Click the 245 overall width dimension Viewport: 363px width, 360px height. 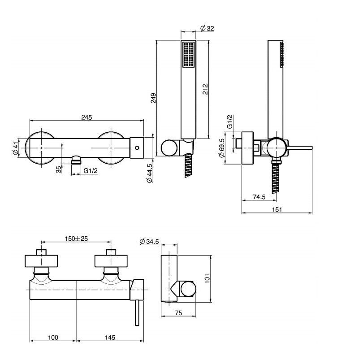[x=86, y=117]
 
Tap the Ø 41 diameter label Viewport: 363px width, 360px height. [x=15, y=148]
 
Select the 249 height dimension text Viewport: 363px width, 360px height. [x=153, y=98]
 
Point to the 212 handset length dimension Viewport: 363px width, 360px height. [x=205, y=89]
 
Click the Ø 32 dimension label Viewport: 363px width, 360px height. [x=207, y=29]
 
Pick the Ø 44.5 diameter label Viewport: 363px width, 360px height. [x=149, y=173]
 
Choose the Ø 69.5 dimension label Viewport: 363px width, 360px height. [x=221, y=148]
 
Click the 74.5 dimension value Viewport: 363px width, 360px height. [x=259, y=197]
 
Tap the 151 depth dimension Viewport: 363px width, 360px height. [x=277, y=209]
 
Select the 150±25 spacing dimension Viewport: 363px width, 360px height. [x=76, y=239]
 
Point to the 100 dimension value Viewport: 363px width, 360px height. [x=53, y=337]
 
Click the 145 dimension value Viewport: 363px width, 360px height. [x=110, y=337]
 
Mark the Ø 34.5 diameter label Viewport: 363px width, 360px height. [x=149, y=241]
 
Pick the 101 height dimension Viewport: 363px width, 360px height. [x=207, y=278]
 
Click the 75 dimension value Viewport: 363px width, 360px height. [x=178, y=313]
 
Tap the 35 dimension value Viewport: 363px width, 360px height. [x=59, y=169]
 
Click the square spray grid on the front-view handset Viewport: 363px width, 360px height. [x=188, y=54]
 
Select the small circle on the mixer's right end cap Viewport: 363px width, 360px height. [x=137, y=147]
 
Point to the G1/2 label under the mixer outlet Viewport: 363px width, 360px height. [x=91, y=171]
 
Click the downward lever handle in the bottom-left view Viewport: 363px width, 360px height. [x=137, y=312]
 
